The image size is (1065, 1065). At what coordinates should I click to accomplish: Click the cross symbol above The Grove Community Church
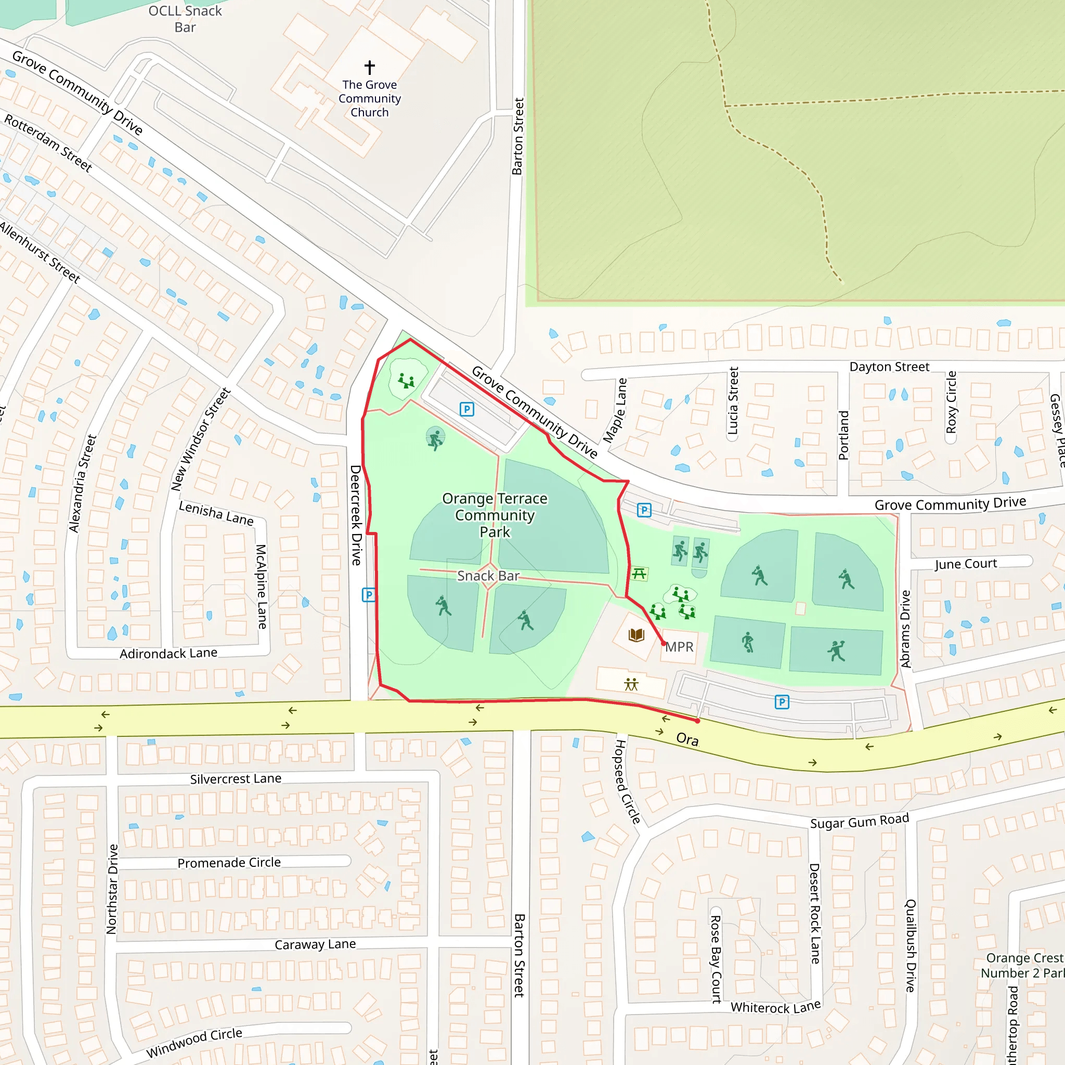369,67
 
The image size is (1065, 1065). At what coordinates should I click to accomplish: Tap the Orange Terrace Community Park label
495,515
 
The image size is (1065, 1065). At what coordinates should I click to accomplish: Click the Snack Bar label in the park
488,576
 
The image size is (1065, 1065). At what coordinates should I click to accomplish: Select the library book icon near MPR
636,635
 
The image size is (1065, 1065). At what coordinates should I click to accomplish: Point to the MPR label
679,647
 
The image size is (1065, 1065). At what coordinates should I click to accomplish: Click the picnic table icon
639,574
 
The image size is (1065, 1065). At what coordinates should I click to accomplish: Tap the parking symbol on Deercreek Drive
368,595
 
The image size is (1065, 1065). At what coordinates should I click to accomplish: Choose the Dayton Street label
889,367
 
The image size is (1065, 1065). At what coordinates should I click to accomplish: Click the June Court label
965,564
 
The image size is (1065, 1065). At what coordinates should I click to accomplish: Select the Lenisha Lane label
216,513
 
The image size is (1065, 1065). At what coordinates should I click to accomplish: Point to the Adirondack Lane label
168,654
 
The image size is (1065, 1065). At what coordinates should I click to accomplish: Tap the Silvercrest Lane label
236,779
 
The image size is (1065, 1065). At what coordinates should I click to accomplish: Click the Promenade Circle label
229,863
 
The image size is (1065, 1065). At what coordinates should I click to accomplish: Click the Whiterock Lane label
775,1008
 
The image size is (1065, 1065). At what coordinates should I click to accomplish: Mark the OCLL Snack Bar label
185,19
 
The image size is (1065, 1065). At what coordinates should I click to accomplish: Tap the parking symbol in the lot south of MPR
782,702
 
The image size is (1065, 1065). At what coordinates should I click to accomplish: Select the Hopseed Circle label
627,782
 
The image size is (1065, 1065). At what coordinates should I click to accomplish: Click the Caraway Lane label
315,945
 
